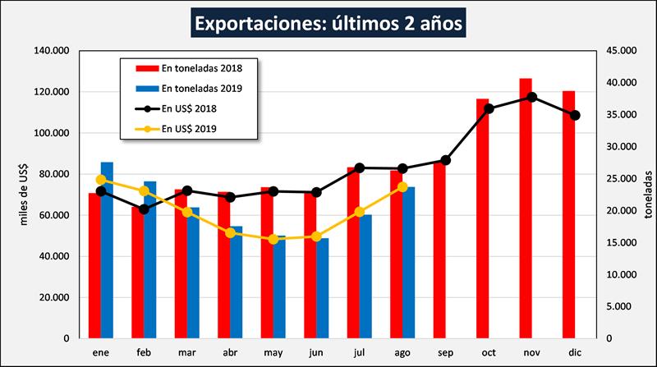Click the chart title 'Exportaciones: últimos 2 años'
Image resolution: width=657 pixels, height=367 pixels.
(x=328, y=23)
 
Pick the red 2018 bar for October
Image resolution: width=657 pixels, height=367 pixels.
(x=483, y=218)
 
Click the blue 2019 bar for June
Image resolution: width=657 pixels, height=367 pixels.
(x=322, y=288)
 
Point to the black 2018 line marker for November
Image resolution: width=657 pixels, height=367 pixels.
(x=532, y=97)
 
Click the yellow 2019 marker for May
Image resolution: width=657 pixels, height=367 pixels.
(x=273, y=239)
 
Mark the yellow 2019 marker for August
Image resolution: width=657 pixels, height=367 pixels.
(x=402, y=186)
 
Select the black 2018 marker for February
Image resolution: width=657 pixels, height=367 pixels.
(x=144, y=209)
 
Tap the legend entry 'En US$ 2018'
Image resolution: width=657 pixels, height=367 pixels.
(x=189, y=108)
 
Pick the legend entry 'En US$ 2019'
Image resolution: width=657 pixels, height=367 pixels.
(x=189, y=129)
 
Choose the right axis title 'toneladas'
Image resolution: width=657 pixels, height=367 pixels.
(x=646, y=194)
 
